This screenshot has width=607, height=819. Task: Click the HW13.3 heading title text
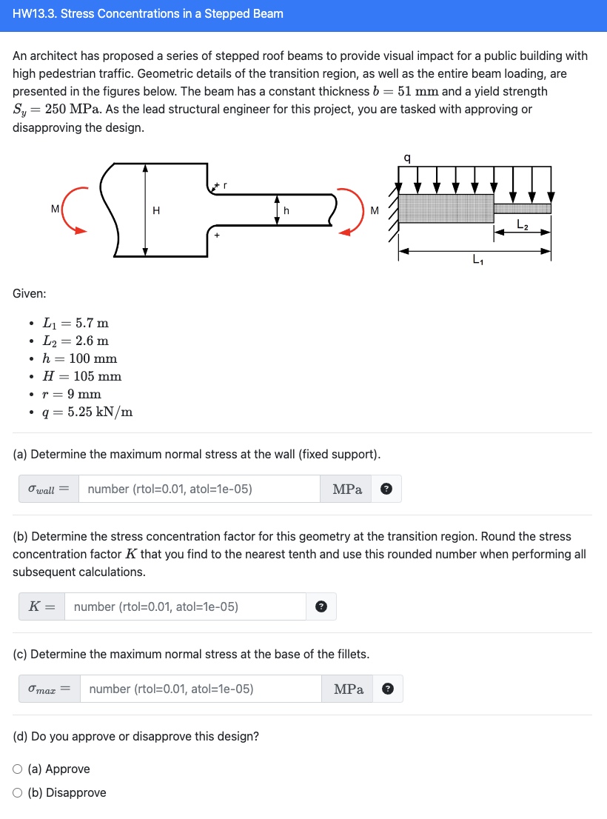coord(148,14)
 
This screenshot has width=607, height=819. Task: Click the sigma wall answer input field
coord(200,489)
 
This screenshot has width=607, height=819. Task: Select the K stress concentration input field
coord(185,606)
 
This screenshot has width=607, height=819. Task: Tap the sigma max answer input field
coord(201,689)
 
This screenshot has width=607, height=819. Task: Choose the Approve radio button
coord(19,769)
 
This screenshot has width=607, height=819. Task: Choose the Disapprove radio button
coord(19,792)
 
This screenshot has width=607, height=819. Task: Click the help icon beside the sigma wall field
coord(386,489)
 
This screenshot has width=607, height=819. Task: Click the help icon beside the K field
coord(320,606)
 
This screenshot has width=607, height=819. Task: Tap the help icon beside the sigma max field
coord(387,689)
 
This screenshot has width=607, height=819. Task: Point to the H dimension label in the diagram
coord(155,210)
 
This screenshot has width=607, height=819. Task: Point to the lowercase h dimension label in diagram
coord(286,210)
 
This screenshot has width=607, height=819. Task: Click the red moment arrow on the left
coord(71,211)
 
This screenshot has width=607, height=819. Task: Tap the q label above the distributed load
coord(406,158)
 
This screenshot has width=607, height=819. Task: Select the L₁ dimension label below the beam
coord(477,261)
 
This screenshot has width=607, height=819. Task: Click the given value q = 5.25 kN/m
coord(88,412)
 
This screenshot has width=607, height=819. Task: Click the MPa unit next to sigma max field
coord(349,689)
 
